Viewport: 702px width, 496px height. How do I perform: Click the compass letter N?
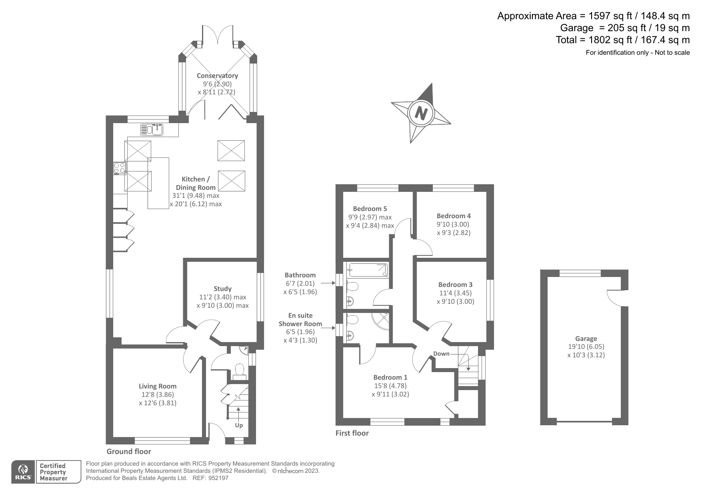tap(420, 114)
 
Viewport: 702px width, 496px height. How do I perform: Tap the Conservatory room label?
tap(217, 76)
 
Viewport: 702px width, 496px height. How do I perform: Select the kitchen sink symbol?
tap(152, 129)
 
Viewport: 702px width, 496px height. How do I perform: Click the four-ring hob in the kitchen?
tap(120, 168)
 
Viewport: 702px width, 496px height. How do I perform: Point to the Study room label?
tap(222, 289)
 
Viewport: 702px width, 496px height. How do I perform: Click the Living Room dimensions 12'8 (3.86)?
tap(158, 394)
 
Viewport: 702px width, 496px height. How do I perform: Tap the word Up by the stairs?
tap(239, 425)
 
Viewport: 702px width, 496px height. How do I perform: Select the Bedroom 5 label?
tap(370, 209)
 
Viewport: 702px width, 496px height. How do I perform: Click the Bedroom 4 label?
tap(453, 216)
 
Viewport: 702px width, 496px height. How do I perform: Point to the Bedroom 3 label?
tap(455, 285)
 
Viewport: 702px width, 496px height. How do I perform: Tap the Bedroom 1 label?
tap(390, 377)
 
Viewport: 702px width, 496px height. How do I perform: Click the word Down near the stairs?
tap(441, 354)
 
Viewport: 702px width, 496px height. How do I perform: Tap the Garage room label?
tap(586, 339)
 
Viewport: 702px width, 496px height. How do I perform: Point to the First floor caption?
tap(352, 433)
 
